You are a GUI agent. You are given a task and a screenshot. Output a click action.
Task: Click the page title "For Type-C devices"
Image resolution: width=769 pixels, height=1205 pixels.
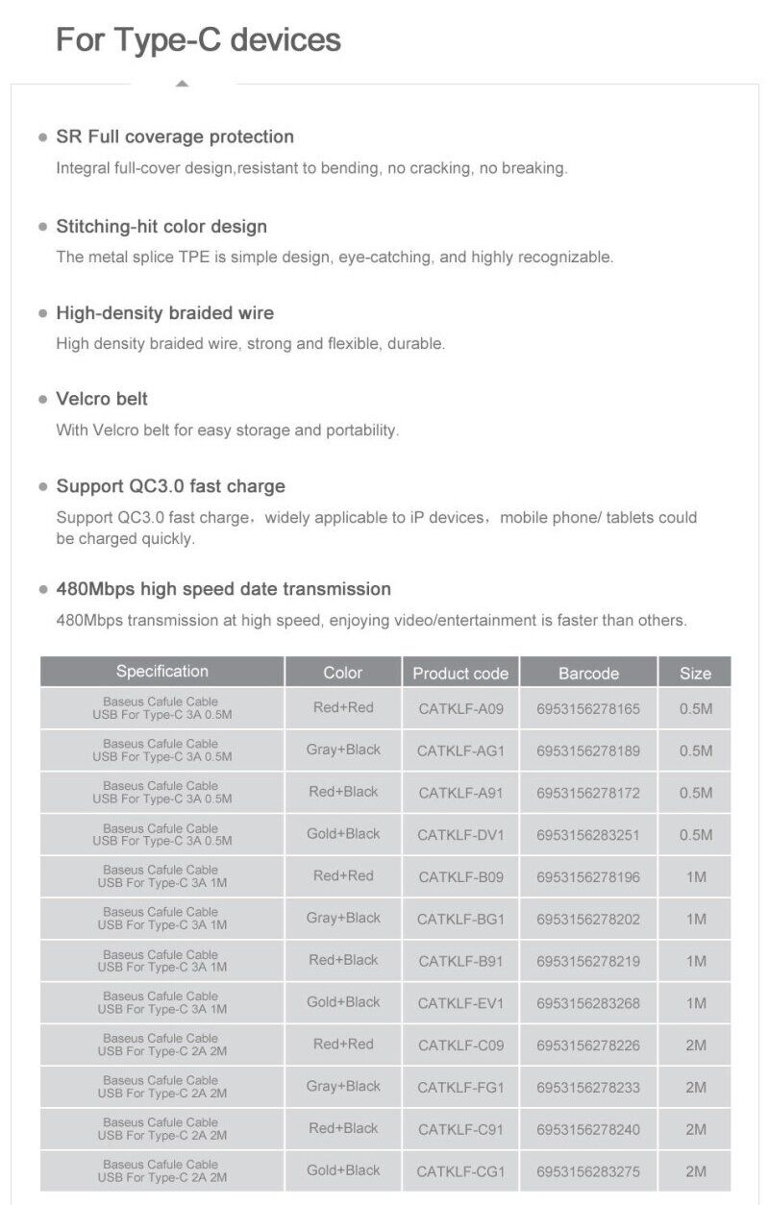coord(198,40)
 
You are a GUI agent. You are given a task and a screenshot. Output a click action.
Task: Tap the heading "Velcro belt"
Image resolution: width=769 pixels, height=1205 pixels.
coord(102,399)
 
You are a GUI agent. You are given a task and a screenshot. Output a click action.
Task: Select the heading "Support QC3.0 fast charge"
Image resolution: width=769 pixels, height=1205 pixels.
coord(170,486)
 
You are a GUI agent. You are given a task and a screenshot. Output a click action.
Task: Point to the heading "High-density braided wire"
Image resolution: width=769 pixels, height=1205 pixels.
coord(164,313)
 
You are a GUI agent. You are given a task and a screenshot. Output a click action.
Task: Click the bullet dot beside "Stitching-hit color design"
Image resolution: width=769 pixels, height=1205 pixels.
coord(42,228)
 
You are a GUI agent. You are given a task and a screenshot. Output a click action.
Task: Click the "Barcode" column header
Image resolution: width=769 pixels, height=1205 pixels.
coord(588,673)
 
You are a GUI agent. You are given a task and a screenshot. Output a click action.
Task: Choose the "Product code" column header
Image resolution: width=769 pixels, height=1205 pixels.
coord(460,673)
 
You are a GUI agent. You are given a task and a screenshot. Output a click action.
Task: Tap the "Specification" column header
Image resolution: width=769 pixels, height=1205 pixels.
coord(161,672)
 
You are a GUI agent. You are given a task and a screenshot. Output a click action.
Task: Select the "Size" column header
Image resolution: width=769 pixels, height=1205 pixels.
coord(695,673)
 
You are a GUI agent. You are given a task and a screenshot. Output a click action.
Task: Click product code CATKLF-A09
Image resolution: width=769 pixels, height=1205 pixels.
coord(460,709)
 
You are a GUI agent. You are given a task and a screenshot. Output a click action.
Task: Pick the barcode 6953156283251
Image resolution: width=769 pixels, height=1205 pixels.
coord(588,835)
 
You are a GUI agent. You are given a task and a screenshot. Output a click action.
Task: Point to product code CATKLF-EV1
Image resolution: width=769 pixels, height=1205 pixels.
coord(460,1003)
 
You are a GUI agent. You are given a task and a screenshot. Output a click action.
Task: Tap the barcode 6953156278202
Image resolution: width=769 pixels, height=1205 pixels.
coord(588,920)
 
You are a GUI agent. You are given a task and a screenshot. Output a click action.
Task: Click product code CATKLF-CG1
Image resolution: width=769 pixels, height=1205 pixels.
coord(460,1171)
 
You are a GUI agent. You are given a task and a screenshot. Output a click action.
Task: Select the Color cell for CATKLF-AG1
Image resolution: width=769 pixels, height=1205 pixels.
coord(343,750)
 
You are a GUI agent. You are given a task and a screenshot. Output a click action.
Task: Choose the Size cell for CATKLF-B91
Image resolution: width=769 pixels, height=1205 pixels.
coord(695,961)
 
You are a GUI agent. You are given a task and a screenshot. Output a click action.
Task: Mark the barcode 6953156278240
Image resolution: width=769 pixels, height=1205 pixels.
coord(588,1130)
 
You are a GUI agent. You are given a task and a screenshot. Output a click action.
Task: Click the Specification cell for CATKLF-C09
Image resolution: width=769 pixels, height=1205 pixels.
coord(161,1045)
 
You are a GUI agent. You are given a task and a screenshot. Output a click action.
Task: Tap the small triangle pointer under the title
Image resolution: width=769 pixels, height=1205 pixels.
coord(183,84)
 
